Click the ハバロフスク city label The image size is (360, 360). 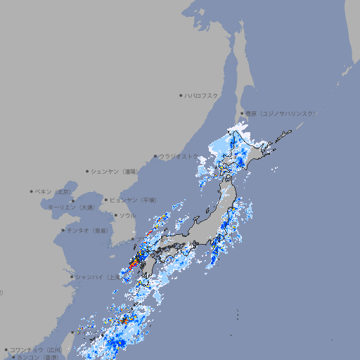pos(202,95)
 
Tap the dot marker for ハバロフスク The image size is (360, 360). pos(181,95)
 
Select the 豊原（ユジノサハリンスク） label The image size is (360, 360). pos(280,113)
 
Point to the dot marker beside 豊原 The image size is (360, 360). pos(241,113)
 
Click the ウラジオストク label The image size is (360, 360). pos(179,157)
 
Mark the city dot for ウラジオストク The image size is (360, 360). pos(155,157)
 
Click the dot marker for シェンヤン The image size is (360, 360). pos(88,171)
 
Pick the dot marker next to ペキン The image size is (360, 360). pos(32,191)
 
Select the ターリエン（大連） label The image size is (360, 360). pos(71,207)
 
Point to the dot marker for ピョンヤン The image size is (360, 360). pos(107,200)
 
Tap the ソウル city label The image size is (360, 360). pos(128,215)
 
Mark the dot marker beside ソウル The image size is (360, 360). pos(115,215)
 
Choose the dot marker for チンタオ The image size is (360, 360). pos(63,231)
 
